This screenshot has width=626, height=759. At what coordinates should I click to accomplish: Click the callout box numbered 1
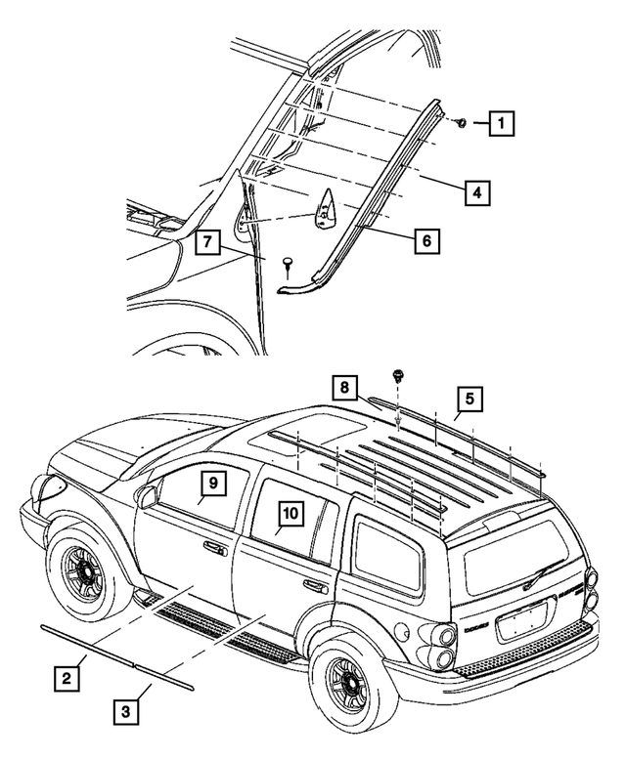tap(502, 124)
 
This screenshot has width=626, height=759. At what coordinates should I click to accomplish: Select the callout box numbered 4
tap(474, 193)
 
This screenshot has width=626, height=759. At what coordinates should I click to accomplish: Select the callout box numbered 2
tap(66, 674)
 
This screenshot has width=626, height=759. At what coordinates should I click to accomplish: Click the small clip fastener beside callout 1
tap(460, 123)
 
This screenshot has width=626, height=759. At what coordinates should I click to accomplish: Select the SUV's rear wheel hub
tap(344, 677)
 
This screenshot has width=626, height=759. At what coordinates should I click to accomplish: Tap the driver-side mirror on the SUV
tap(147, 497)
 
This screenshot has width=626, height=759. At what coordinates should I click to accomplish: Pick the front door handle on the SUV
tap(213, 549)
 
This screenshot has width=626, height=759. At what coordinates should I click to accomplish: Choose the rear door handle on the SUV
tap(315, 586)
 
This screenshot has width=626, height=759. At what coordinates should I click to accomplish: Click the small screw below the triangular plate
tap(289, 264)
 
